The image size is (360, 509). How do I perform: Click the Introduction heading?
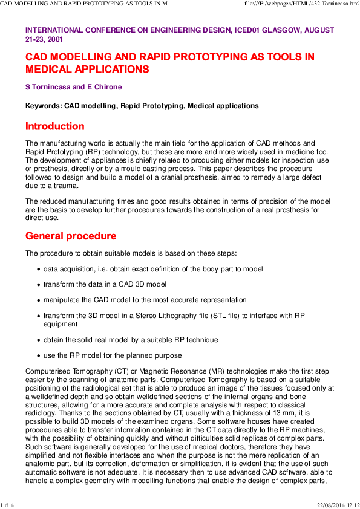pos(54,126)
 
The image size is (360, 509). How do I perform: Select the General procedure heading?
pos(70,235)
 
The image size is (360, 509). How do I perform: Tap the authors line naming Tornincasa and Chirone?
pos(73,87)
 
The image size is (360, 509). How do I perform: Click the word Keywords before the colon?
pos(45,106)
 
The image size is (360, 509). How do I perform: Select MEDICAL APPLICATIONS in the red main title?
pos(87,70)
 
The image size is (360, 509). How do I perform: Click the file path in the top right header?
pos(301,4)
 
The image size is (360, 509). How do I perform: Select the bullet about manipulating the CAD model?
pos(145,300)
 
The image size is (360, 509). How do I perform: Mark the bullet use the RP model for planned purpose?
pos(112,355)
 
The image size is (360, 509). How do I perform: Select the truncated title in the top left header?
pos(85,4)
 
